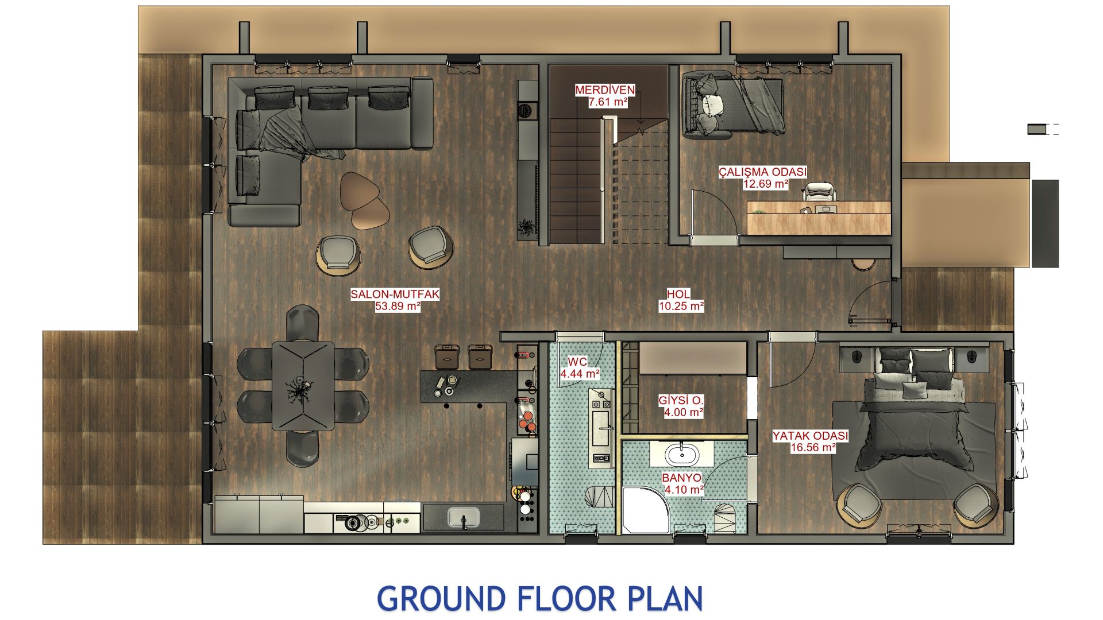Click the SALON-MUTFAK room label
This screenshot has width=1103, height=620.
point(395,294)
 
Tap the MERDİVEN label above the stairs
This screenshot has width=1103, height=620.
point(605,90)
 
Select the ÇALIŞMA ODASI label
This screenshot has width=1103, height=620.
point(762,172)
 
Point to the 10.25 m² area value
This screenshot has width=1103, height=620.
point(681,307)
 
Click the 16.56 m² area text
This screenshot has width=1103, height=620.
point(812,448)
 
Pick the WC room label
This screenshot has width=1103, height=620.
point(577,362)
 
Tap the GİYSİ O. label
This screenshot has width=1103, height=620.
point(681,400)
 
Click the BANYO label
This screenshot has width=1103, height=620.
point(681,478)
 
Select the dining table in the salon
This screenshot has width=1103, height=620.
point(303,386)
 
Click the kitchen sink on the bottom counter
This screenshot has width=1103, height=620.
point(463,518)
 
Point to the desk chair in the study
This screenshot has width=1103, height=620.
point(820,192)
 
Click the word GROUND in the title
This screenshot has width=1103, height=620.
point(441,599)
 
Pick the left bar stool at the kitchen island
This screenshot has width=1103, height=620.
point(446,356)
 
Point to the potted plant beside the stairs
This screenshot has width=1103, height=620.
point(525,227)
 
